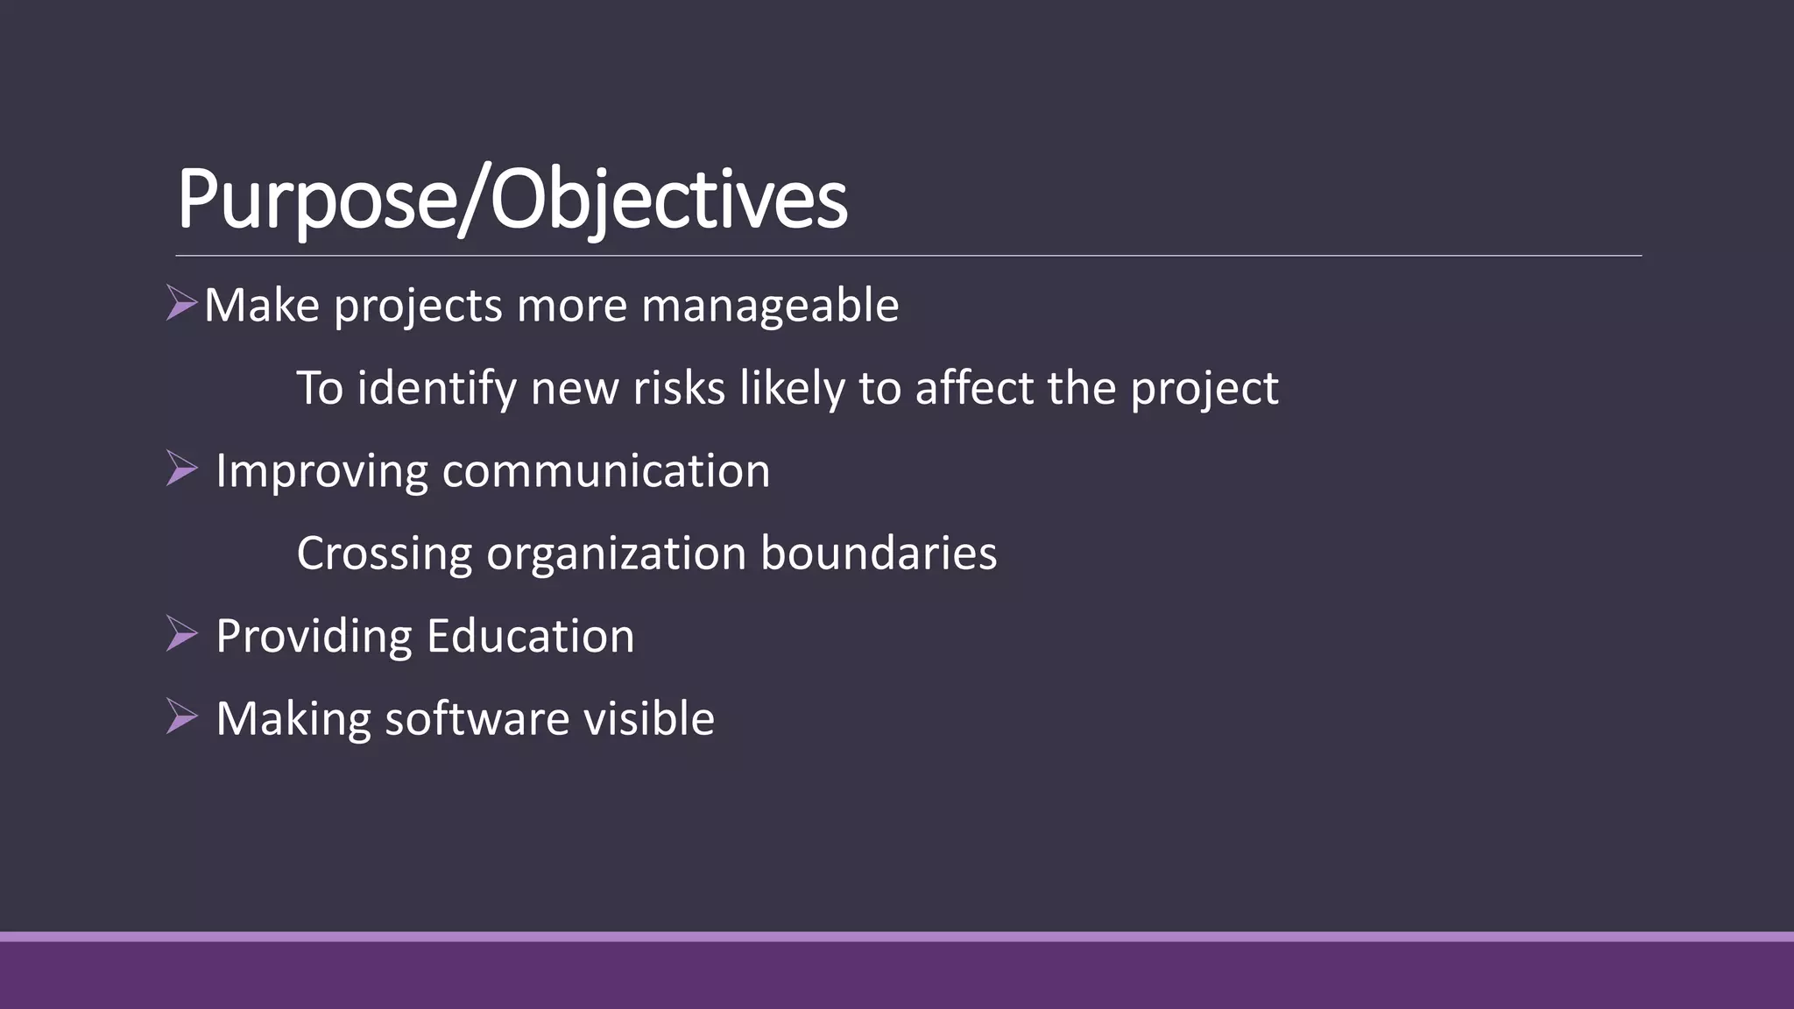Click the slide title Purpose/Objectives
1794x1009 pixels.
[512, 200]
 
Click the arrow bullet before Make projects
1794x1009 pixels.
[181, 303]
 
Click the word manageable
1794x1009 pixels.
[770, 306]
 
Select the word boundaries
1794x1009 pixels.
[879, 554]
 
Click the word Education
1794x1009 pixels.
[530, 636]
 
